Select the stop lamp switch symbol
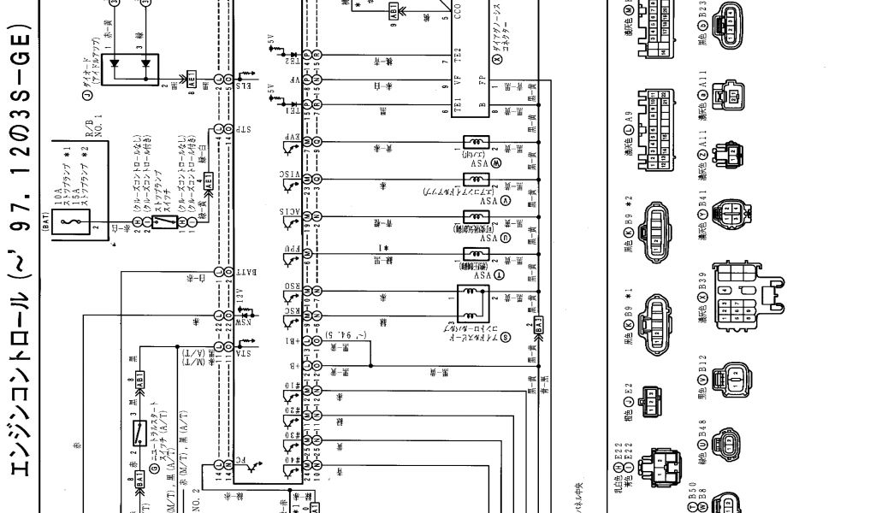click(168, 221)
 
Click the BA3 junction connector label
click(539, 325)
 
